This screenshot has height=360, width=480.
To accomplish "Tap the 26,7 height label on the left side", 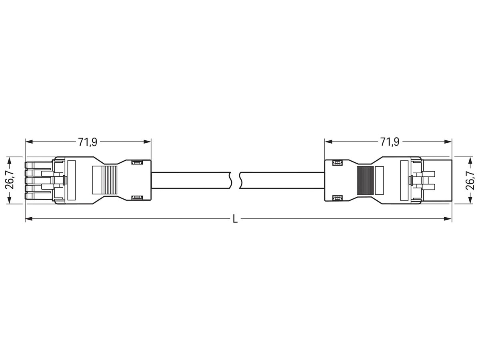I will click(x=10, y=180).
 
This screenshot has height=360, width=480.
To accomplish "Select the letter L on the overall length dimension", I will click(x=235, y=219).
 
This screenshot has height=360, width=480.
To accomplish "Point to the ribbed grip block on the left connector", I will click(x=105, y=180).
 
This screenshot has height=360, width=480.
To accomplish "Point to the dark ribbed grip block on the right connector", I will click(x=365, y=180).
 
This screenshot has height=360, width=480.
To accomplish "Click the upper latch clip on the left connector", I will click(x=137, y=163).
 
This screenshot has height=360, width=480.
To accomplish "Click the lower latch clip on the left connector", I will click(x=137, y=197).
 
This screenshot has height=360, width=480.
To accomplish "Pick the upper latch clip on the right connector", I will click(x=337, y=163).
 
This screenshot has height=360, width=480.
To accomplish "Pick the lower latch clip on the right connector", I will click(x=337, y=197).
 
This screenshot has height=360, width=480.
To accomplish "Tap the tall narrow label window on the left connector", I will click(x=72, y=180).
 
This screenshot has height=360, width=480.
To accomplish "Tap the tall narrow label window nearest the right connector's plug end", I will click(x=404, y=180).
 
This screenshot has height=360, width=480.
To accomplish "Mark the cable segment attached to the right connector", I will click(x=282, y=180).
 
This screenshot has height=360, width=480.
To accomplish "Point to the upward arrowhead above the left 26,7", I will click(x=10, y=159).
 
